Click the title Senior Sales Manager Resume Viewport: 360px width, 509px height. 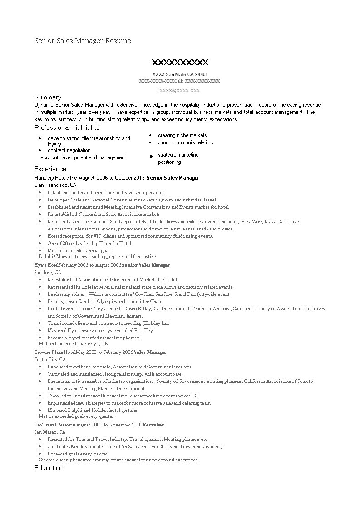[x=83, y=41]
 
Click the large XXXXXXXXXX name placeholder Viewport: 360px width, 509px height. [x=180, y=62]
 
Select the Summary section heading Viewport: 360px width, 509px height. [x=48, y=97]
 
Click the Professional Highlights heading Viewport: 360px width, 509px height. [x=67, y=127]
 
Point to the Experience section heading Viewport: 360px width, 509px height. [x=50, y=169]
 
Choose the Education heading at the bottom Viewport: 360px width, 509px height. [x=48, y=468]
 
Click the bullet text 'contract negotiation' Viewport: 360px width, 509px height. [x=69, y=150]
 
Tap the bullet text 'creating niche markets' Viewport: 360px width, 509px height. [x=182, y=135]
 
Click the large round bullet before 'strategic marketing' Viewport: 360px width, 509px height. [x=151, y=157]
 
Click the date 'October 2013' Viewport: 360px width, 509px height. [x=130, y=178]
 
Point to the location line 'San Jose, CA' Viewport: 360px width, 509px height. [x=48, y=272]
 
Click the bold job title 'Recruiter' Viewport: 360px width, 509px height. [x=153, y=425]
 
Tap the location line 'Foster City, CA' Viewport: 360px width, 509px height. [x=50, y=359]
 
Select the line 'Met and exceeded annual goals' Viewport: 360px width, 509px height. [x=79, y=250]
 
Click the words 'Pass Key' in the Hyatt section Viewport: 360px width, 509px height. [x=143, y=330]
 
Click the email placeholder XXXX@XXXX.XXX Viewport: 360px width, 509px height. [x=180, y=90]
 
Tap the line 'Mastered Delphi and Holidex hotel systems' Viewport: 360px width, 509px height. [x=93, y=410]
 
